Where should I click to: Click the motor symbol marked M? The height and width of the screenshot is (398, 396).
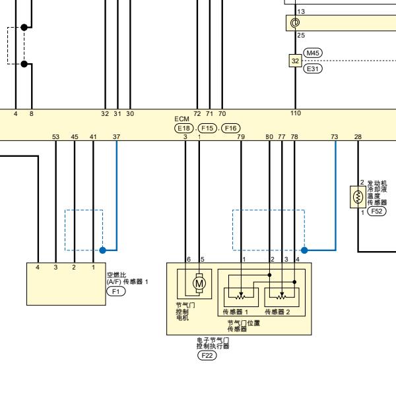(199, 283)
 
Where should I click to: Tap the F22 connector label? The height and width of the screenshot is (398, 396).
(207, 355)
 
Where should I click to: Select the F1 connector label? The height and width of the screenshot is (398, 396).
(116, 291)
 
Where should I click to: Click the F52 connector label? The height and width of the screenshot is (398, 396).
(377, 211)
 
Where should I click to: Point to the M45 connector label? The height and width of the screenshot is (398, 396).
(313, 53)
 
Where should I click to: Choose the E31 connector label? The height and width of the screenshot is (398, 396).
(313, 69)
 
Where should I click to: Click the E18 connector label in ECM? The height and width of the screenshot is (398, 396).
(183, 128)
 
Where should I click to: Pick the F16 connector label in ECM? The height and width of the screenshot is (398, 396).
(231, 128)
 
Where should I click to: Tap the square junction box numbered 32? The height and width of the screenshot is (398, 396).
(295, 61)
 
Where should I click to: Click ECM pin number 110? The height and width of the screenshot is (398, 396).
(296, 113)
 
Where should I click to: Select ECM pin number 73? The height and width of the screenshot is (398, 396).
(335, 137)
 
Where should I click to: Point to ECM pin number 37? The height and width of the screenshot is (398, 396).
(116, 137)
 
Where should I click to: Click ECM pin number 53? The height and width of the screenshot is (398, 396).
(55, 137)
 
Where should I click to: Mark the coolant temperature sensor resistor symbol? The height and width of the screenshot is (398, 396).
(358, 197)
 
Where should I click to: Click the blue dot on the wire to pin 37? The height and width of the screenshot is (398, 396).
(103, 250)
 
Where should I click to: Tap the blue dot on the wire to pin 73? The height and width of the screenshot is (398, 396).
(304, 250)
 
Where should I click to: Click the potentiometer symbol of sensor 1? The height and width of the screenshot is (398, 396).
(241, 296)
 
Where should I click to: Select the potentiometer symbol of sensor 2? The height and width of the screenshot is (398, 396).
(282, 296)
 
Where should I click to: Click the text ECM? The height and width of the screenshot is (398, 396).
(181, 119)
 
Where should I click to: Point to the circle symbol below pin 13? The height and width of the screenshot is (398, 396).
(295, 22)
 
